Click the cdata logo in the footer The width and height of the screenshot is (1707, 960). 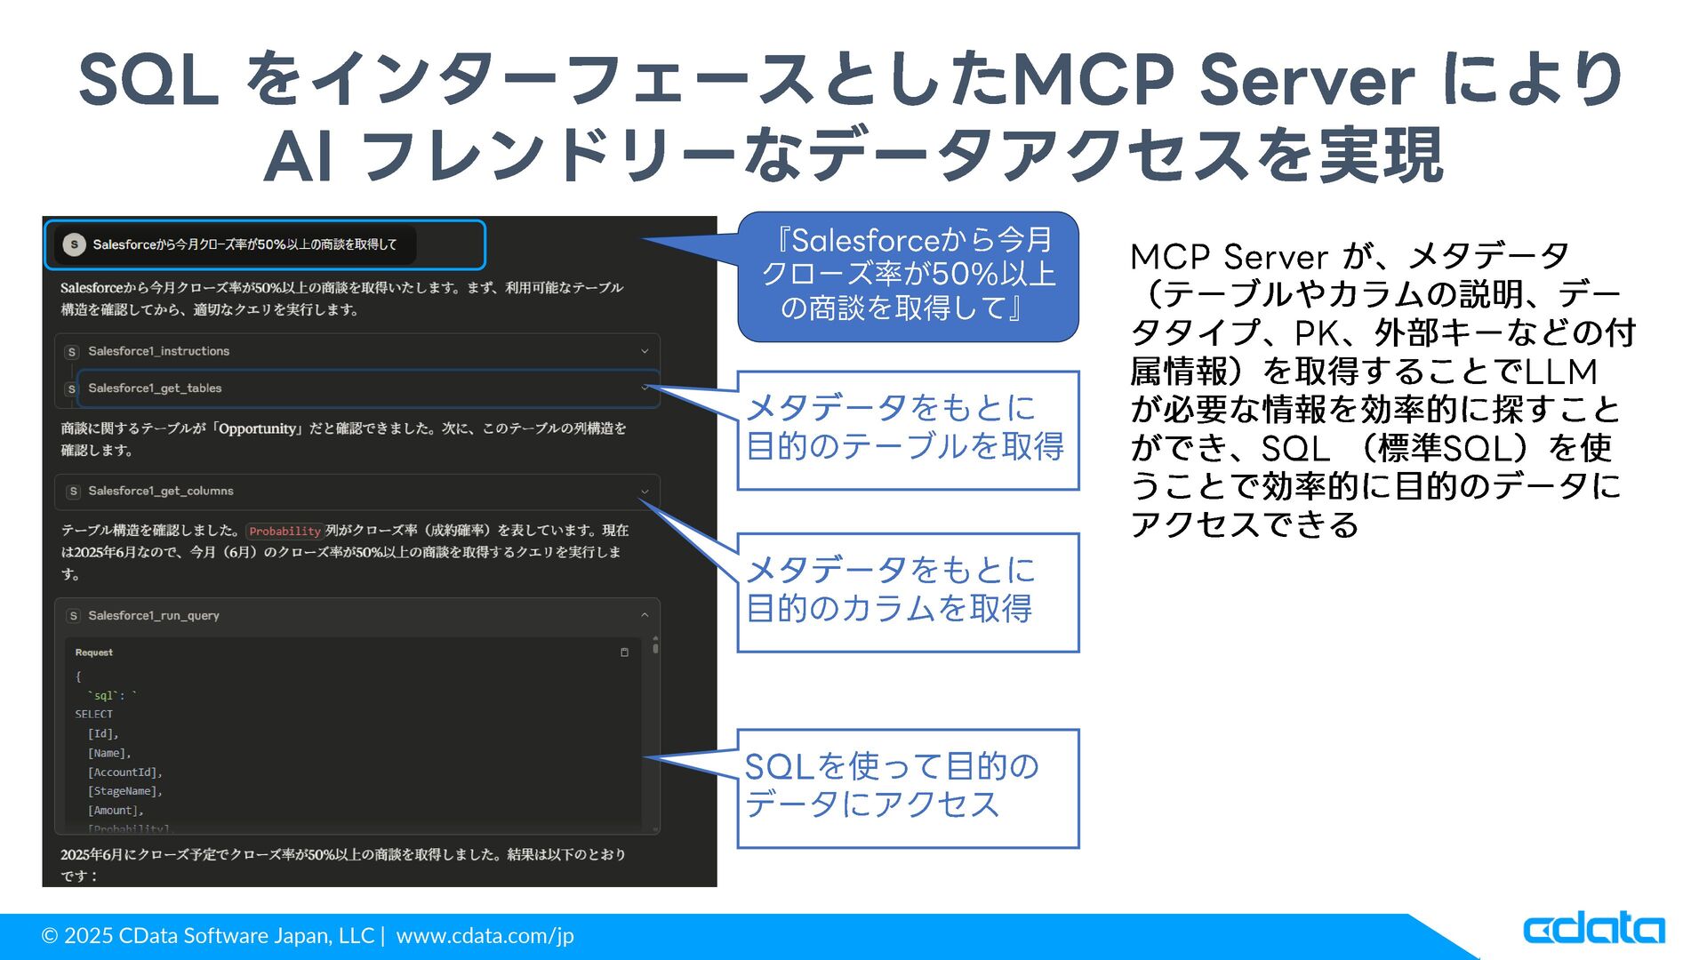click(x=1594, y=929)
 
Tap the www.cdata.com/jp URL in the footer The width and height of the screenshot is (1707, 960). click(x=485, y=936)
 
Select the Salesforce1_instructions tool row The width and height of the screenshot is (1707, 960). click(x=356, y=352)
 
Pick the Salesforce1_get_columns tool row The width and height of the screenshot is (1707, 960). click(x=356, y=492)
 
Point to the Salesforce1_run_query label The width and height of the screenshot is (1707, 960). click(x=154, y=616)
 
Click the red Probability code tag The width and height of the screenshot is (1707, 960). click(x=284, y=532)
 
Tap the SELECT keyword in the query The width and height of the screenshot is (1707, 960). click(x=94, y=715)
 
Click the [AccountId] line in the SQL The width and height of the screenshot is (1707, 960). click(x=124, y=772)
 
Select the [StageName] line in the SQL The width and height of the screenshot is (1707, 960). click(x=124, y=791)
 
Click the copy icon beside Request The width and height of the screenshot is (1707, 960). click(x=624, y=652)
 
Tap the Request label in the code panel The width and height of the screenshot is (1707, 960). click(x=94, y=652)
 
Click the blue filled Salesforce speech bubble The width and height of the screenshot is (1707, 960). click(x=907, y=276)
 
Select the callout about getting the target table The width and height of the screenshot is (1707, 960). click(x=907, y=430)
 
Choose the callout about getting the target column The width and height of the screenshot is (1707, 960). click(x=907, y=592)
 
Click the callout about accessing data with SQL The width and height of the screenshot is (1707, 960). click(x=907, y=788)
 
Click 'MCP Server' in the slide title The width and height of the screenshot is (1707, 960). click(x=1214, y=80)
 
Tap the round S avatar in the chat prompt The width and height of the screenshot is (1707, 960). click(x=75, y=244)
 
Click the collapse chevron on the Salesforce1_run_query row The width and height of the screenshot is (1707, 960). click(x=645, y=615)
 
